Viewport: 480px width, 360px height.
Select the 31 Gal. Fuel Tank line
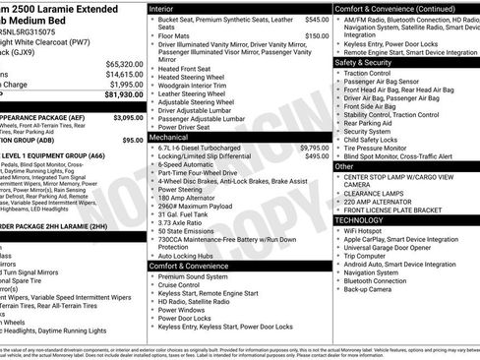click(x=187, y=214)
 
